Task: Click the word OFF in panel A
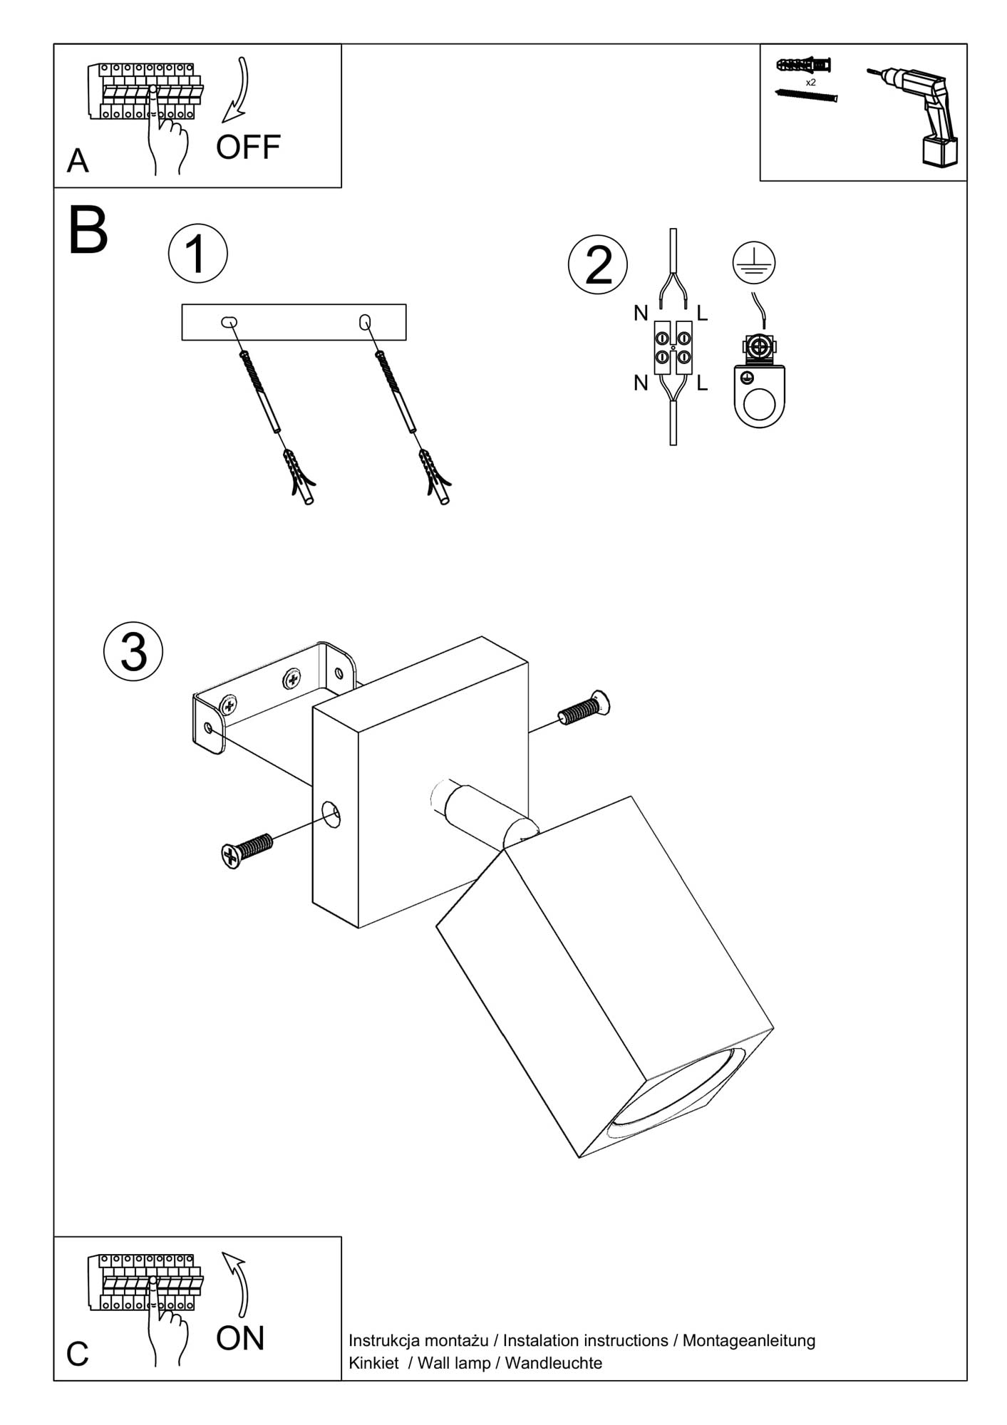tap(248, 147)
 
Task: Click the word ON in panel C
tap(240, 1338)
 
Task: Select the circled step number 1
tap(197, 254)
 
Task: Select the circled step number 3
tap(133, 651)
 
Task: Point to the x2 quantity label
tap(810, 83)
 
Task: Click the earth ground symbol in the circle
tap(753, 261)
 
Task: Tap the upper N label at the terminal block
tap(641, 313)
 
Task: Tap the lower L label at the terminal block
tap(702, 383)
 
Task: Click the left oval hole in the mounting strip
tap(229, 322)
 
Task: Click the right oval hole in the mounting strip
tap(365, 322)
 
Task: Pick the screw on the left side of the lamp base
tap(247, 849)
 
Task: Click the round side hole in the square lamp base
tap(331, 814)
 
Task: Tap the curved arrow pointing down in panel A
tap(239, 89)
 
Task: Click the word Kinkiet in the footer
tap(373, 1363)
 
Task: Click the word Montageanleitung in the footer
tap(748, 1340)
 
